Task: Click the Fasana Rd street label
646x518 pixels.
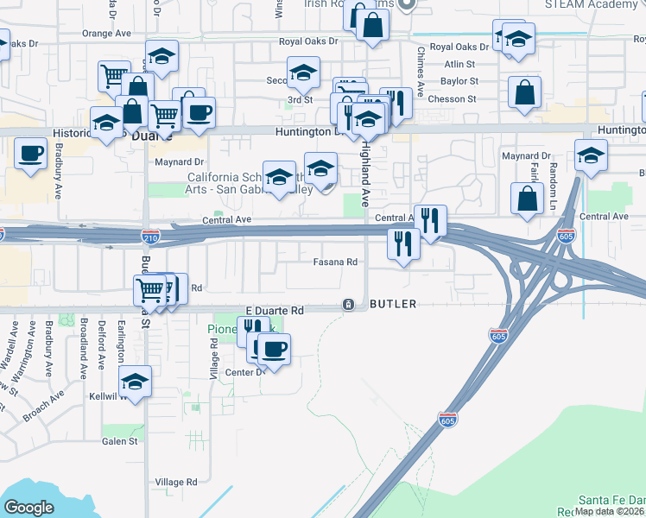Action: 336,262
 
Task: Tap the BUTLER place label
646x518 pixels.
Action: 393,304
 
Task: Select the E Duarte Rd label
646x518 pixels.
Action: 275,310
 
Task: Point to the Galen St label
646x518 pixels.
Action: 120,441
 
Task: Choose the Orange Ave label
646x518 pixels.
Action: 106,33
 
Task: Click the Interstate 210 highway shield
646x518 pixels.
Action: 149,235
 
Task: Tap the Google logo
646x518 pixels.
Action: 28,508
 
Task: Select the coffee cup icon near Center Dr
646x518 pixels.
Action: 274,350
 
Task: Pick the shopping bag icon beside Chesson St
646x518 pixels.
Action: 524,92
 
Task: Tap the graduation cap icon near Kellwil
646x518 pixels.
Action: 135,381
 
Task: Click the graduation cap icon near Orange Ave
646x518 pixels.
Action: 161,57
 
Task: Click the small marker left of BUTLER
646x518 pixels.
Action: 347,304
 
